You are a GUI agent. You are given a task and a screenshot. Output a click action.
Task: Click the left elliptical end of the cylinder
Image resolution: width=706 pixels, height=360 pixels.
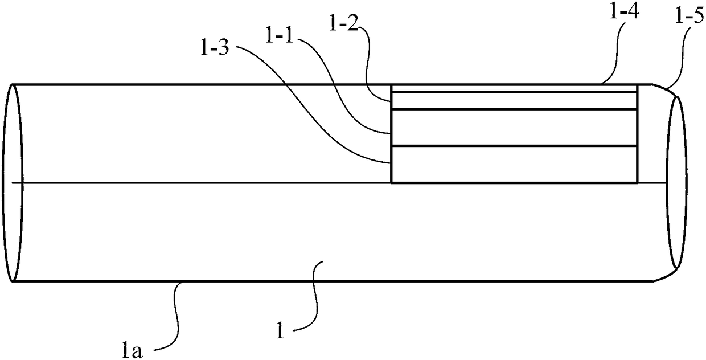pos(12,183)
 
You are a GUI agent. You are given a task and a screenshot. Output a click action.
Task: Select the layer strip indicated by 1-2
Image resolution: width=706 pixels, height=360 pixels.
pos(512,100)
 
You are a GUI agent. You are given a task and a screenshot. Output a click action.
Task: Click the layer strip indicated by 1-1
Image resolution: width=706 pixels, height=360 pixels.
pos(512,128)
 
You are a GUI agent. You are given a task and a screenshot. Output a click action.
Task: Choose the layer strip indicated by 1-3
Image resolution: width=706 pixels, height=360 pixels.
pos(512,165)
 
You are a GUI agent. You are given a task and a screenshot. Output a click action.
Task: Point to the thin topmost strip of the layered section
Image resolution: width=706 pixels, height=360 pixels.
pos(512,88)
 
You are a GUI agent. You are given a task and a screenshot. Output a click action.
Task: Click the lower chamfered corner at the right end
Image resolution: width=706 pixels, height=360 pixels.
pos(663,276)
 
